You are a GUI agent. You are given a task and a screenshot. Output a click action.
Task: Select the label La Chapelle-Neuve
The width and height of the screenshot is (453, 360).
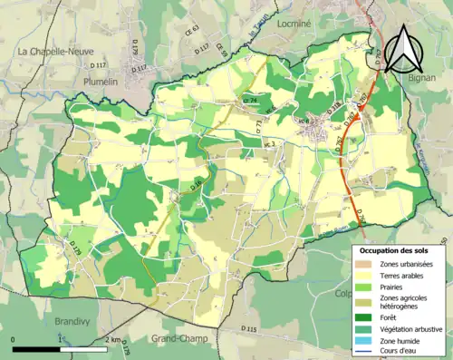click(x=53, y=53)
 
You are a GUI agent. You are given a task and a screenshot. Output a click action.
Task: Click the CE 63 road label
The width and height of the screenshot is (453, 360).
click(x=193, y=56)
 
